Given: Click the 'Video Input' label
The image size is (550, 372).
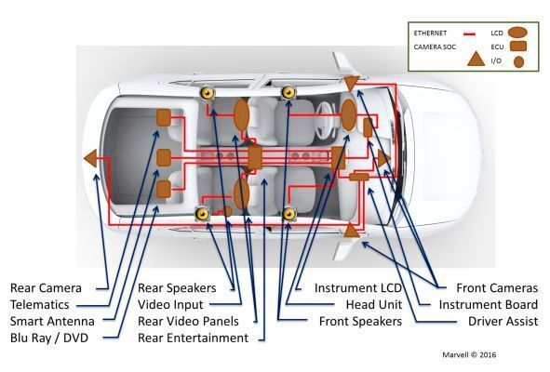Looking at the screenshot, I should pos(171,304).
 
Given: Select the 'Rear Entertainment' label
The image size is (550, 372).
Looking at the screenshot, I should pos(193,338).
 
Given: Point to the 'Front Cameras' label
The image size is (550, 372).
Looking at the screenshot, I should pos(497,287).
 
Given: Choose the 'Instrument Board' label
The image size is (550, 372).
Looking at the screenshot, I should pos(489,304).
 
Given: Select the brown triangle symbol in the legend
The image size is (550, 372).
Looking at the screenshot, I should pos(474,59).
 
